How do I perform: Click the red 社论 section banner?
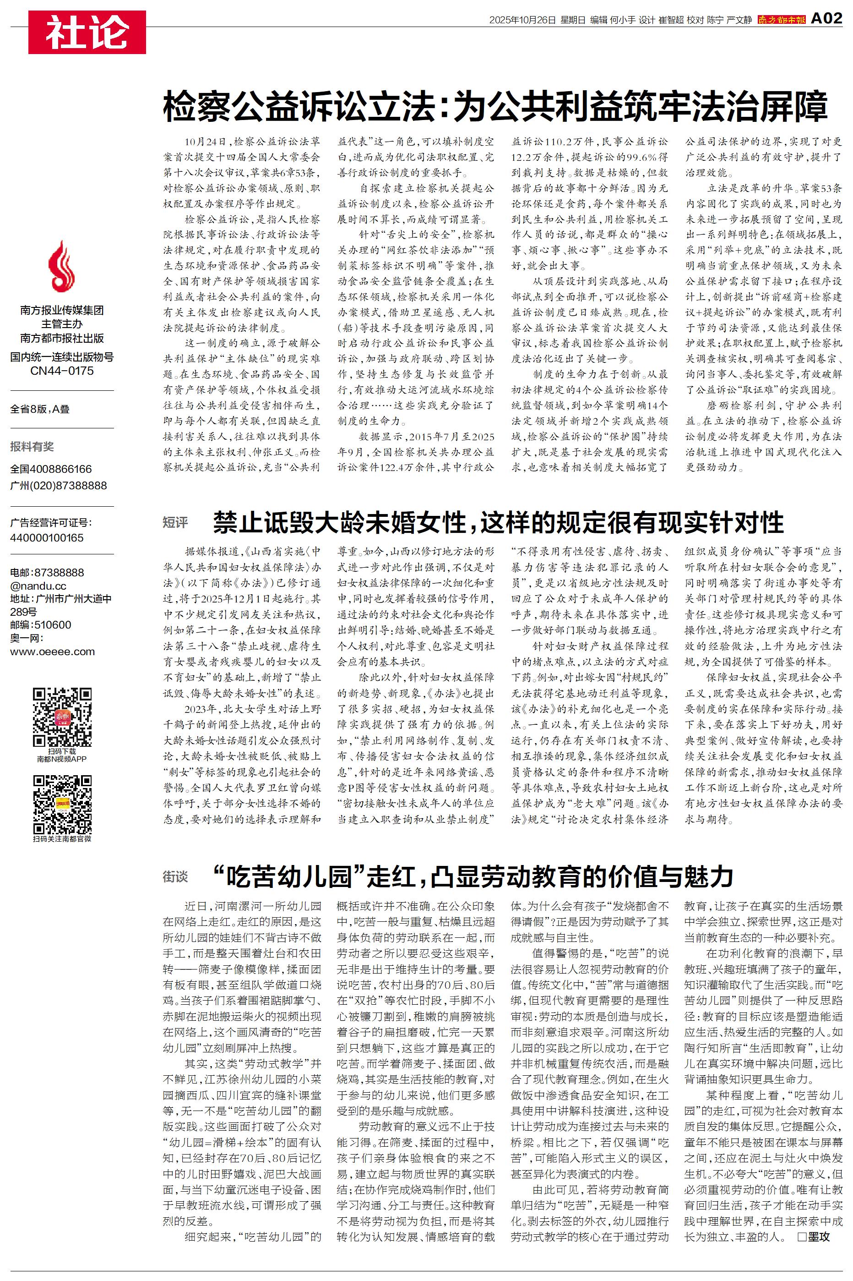(87, 32)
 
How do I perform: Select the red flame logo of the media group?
(61, 267)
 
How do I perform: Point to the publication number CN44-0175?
(61, 371)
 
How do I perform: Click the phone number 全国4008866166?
(51, 469)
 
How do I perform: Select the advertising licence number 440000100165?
(47, 538)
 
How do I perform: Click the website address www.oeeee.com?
(52, 651)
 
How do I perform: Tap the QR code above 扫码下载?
(61, 717)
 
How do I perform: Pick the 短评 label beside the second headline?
(175, 523)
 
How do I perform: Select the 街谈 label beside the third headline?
(175, 876)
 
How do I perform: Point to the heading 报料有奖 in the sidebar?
(32, 447)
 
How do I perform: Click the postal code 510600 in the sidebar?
(53, 625)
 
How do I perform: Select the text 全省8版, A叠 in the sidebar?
(40, 409)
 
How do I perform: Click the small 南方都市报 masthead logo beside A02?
(781, 20)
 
